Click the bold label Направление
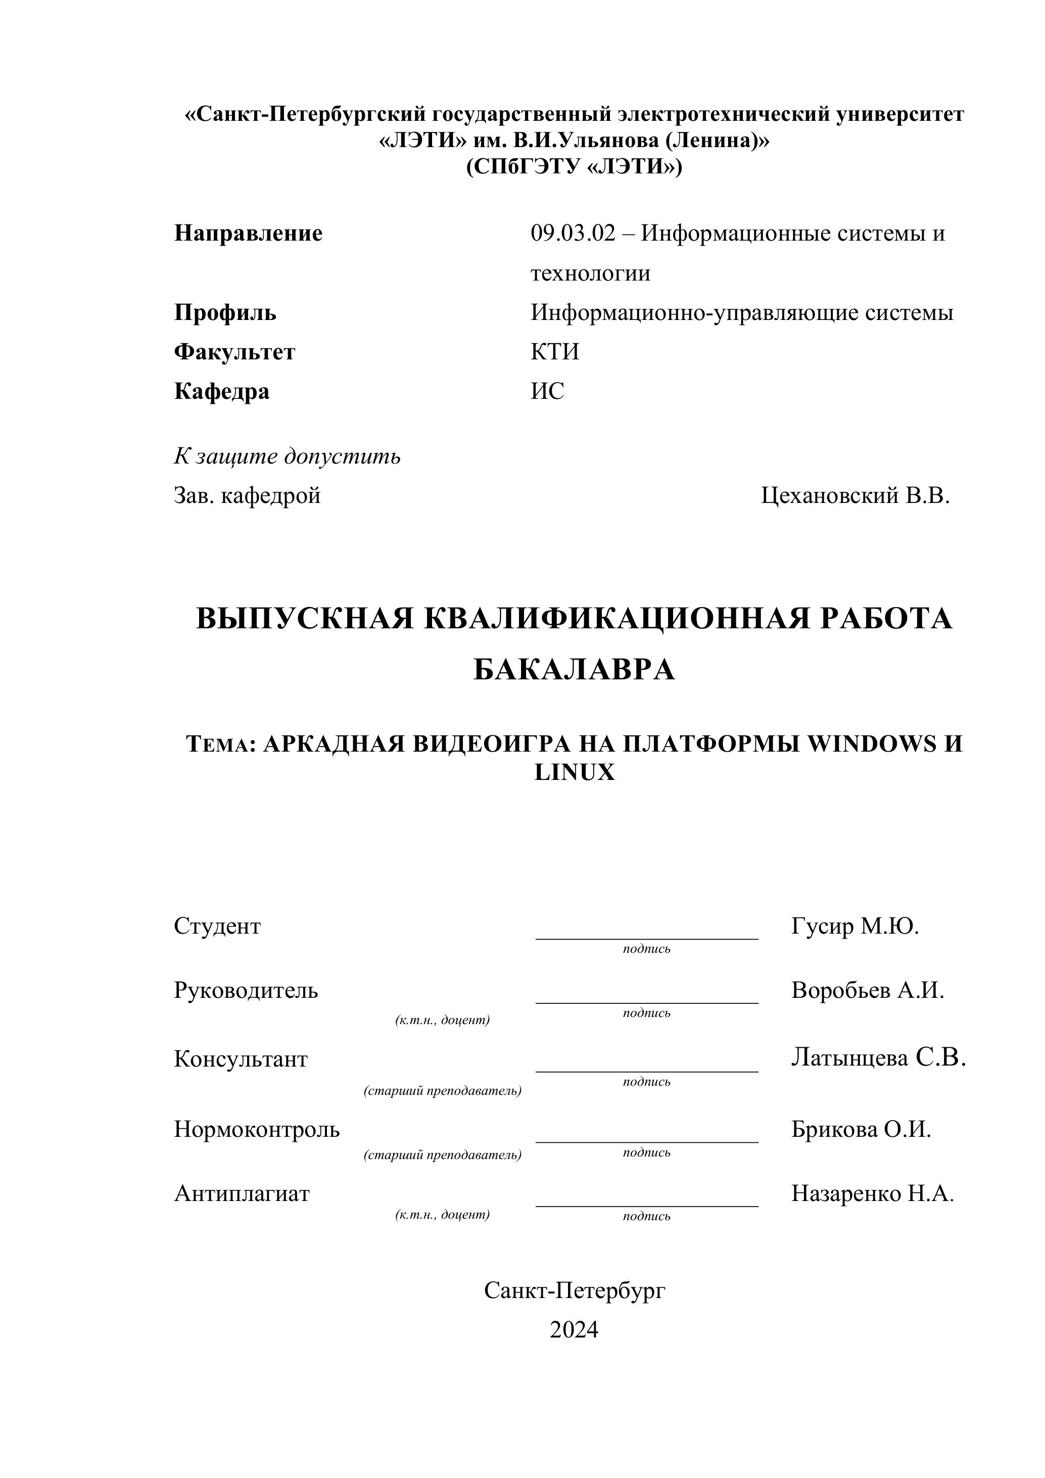point(249,233)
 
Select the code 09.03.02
point(573,233)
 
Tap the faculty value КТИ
point(555,351)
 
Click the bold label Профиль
point(225,313)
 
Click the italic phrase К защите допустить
point(287,456)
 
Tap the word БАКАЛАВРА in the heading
point(574,670)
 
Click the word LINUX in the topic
point(575,772)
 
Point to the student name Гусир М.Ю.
point(855,927)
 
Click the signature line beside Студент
point(647,939)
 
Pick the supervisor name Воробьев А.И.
point(868,990)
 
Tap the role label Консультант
point(241,1059)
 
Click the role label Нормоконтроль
point(257,1129)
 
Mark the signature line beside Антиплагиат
point(647,1205)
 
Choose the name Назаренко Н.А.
point(873,1193)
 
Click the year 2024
point(574,1329)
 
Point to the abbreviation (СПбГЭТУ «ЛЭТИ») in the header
point(574,167)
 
